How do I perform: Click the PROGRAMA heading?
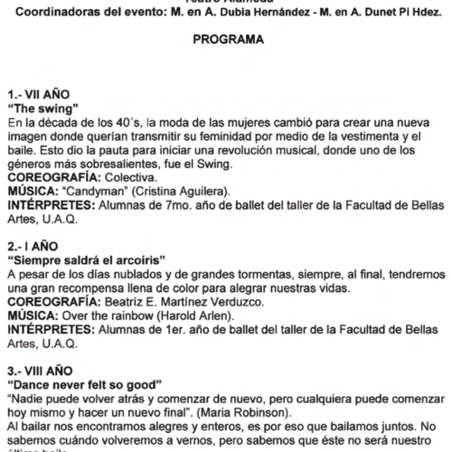[227, 41]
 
